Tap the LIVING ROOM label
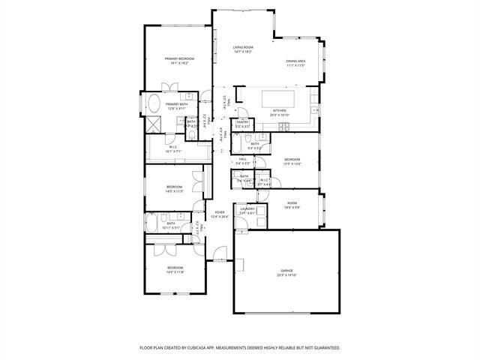pos(242,47)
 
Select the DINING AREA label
pos(295,61)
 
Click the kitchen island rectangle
pos(279,98)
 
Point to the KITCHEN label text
pos(279,110)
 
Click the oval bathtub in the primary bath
pos(152,103)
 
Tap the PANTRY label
pos(242,122)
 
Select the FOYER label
pos(220,213)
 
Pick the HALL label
pos(243,159)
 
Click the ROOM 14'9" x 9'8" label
pos(292,203)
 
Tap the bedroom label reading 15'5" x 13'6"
pos(292,160)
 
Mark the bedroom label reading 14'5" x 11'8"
pos(175,268)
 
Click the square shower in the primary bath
pos(152,124)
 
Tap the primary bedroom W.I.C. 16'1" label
pos(172,147)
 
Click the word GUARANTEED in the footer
pos(325,348)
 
